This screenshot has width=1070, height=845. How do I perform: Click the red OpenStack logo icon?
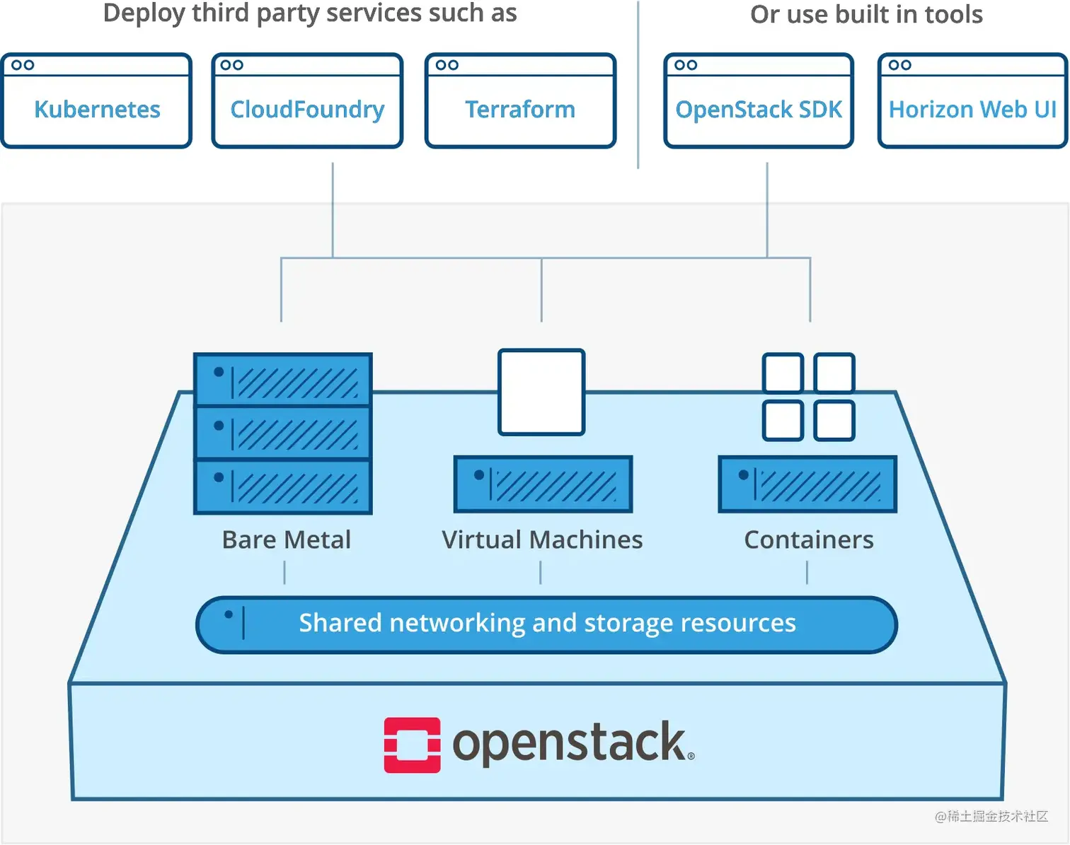pos(412,745)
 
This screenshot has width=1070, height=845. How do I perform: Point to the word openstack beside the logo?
pos(570,742)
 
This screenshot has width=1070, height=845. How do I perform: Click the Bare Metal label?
pos(286,540)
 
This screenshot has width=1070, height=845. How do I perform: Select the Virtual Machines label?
pos(542,540)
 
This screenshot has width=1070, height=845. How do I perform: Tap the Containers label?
pos(808,540)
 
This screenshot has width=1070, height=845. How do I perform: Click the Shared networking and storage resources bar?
pos(546,624)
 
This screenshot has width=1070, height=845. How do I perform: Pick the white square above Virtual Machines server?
pos(541,392)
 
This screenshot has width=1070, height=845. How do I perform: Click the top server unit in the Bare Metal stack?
pos(283,380)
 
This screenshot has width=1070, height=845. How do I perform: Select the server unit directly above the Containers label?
pos(807,484)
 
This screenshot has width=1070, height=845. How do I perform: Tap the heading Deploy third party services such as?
pos(310,13)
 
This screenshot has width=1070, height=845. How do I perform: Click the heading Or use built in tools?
pos(866,14)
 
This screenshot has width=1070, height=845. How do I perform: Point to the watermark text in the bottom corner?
pos(991,816)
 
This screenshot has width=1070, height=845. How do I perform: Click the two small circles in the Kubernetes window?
pos(23,65)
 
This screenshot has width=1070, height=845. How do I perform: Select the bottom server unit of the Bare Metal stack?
pos(283,486)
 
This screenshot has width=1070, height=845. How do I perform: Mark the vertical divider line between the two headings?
pos(638,85)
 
